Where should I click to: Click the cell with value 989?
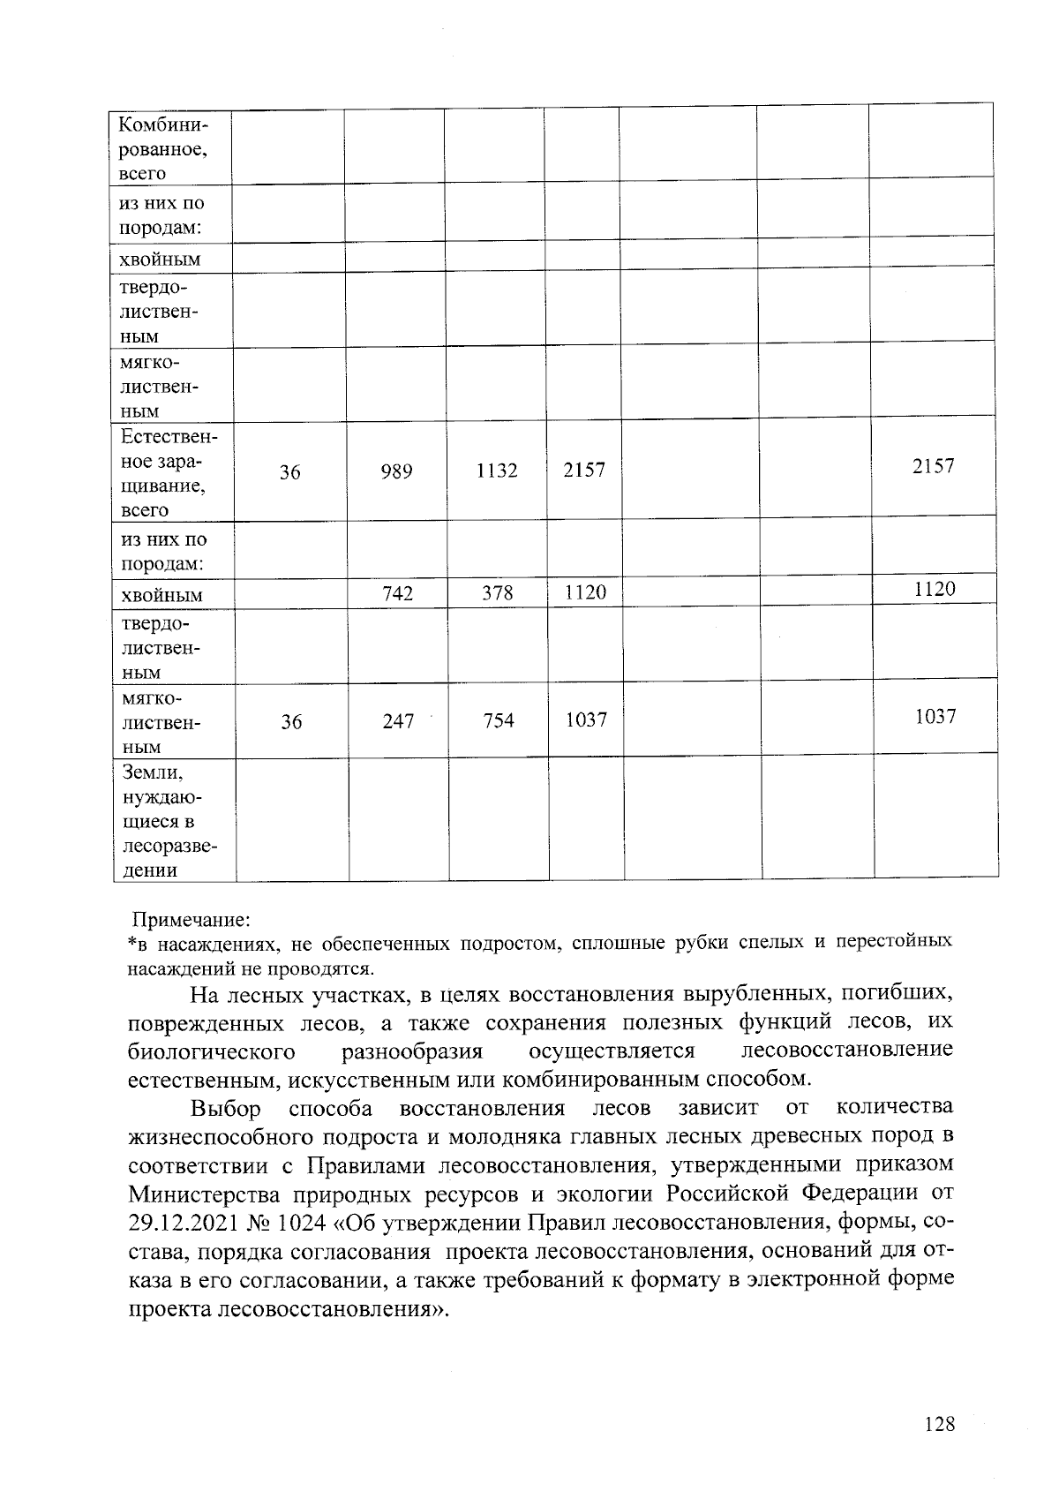pyautogui.click(x=396, y=472)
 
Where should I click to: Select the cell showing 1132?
pyautogui.click(x=496, y=471)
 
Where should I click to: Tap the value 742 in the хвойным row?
pyautogui.click(x=398, y=594)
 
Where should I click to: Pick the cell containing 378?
pyautogui.click(x=498, y=593)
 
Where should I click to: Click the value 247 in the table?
pyautogui.click(x=398, y=721)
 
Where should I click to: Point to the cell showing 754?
pyautogui.click(x=499, y=720)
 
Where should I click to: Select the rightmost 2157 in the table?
pyautogui.click(x=933, y=466)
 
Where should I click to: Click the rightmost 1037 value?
pyautogui.click(x=935, y=717)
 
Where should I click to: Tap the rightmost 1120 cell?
pyautogui.click(x=934, y=590)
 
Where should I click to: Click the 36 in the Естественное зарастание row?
pyautogui.click(x=290, y=473)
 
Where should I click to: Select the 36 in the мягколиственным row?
pyautogui.click(x=291, y=722)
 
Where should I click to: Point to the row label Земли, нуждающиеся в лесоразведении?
pyautogui.click(x=169, y=821)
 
